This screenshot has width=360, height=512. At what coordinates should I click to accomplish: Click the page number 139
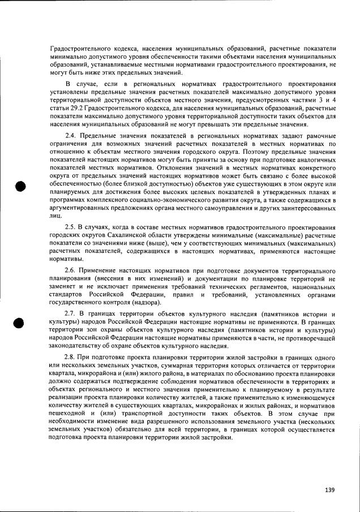click(330, 490)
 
